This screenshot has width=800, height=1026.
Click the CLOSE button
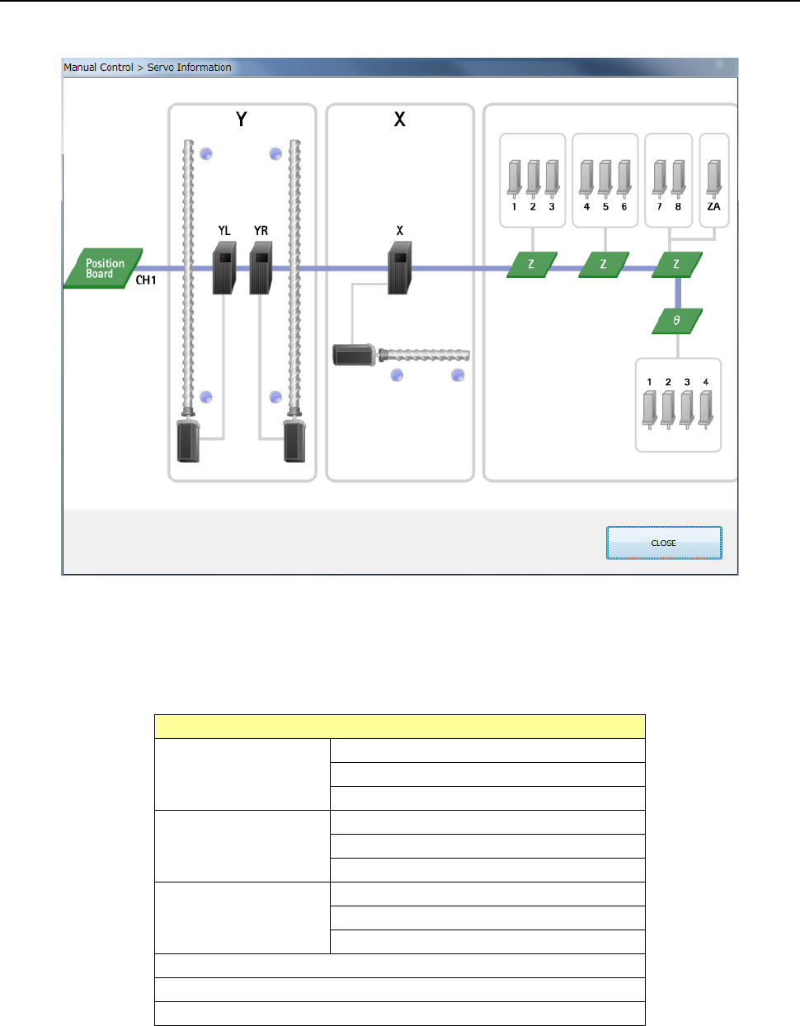click(x=664, y=543)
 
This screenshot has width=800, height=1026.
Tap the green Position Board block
click(x=104, y=268)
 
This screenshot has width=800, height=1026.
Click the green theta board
click(x=677, y=321)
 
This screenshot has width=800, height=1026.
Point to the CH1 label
click(x=146, y=280)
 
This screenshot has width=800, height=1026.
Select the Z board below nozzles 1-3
click(x=531, y=265)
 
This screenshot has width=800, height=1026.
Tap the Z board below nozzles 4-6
click(x=604, y=265)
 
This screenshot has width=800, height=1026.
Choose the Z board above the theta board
click(x=677, y=265)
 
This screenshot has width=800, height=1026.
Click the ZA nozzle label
click(x=713, y=207)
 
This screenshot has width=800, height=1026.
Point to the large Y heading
click(x=241, y=120)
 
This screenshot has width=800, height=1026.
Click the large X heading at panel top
click(x=399, y=120)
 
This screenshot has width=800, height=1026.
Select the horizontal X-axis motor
click(x=354, y=355)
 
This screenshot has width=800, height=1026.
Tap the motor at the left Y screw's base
click(x=189, y=440)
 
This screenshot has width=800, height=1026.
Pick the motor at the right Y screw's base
click(x=294, y=440)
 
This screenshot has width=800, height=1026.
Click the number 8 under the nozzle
click(x=678, y=207)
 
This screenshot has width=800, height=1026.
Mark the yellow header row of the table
click(x=400, y=727)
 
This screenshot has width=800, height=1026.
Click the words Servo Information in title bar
click(x=189, y=68)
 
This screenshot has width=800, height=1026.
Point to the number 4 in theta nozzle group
click(x=705, y=382)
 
